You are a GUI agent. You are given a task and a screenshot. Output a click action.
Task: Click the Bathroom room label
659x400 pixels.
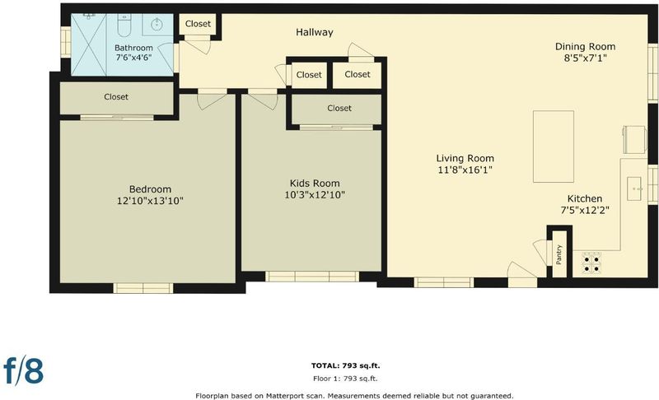coord(133,48)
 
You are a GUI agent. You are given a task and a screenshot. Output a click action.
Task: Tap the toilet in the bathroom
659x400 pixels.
coord(124,26)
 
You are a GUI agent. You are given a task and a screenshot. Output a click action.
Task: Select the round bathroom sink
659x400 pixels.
coord(157,24)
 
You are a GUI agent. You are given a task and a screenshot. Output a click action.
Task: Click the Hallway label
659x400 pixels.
coord(315,32)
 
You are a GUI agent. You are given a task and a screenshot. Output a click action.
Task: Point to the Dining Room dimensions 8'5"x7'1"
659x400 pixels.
coord(585,58)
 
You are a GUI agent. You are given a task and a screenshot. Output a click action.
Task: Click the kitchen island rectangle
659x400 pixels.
coord(554,147)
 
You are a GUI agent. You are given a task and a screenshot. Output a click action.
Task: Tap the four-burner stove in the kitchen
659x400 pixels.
coord(591,263)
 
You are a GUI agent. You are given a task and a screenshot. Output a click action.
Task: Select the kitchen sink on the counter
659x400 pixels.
coord(634,188)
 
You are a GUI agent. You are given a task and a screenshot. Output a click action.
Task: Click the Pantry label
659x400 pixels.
coord(559,255)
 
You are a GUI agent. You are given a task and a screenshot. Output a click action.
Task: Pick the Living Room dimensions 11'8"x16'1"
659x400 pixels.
coord(465,170)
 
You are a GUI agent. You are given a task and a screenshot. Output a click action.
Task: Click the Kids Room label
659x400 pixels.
coord(315,184)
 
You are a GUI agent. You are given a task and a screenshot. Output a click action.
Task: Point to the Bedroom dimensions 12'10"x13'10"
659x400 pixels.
coord(150,201)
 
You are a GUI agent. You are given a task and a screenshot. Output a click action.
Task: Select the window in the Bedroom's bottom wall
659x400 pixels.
coord(143,288)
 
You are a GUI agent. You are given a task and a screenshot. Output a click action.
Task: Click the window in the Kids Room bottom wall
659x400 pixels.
coord(312,277)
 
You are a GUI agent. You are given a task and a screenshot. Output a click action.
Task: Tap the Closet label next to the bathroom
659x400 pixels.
coord(198,24)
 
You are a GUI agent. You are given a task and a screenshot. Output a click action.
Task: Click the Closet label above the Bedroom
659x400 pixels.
coord(116,97)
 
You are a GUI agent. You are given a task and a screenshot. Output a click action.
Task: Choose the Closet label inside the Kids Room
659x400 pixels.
coord(339,109)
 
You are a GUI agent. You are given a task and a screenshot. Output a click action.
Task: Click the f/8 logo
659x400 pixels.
coord(24,370)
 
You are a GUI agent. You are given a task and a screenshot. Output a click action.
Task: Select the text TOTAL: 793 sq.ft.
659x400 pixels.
coord(345,365)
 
